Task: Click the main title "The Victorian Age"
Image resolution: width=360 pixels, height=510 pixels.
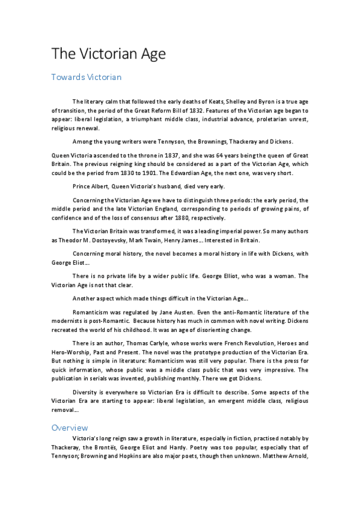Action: (108, 54)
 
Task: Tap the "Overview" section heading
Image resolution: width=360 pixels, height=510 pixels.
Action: (70, 428)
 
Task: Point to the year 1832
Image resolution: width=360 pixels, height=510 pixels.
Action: (222, 111)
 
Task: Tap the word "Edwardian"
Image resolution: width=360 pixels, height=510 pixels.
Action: (187, 173)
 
